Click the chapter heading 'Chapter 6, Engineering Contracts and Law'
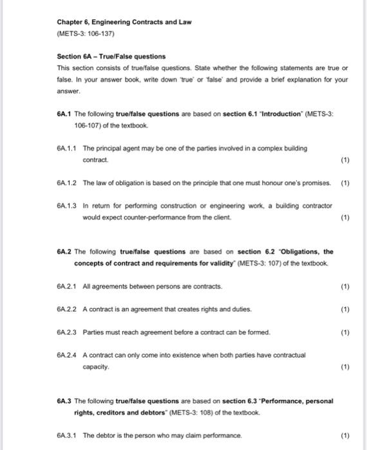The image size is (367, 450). [124, 22]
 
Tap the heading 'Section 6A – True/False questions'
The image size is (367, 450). [102, 57]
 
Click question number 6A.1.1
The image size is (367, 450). [67, 148]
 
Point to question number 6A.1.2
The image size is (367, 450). [67, 183]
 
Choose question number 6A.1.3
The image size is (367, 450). [67, 205]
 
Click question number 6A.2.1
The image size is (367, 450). [67, 285]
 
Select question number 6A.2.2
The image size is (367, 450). [67, 309]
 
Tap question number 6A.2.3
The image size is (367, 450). [67, 332]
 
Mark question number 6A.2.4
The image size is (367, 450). [67, 355]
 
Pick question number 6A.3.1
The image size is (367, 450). [67, 435]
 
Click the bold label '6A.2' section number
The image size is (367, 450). [64, 251]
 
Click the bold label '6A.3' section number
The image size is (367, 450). [64, 401]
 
